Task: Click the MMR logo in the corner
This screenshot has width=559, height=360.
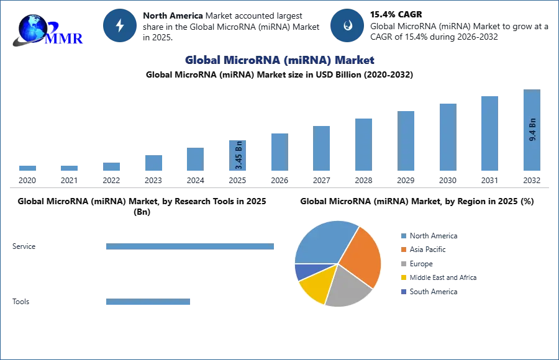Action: coord(47,29)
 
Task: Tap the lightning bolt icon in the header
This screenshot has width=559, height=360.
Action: coord(120,25)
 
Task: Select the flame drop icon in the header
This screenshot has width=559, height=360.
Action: coord(347,25)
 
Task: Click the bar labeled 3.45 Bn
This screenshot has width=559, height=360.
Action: coord(238,156)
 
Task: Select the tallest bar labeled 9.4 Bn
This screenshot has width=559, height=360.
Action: coord(532,131)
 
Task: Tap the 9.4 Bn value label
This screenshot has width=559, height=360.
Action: coord(532,128)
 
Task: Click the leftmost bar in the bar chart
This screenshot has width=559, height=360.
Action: coord(27,169)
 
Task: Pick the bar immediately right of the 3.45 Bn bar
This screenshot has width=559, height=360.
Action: coord(278,151)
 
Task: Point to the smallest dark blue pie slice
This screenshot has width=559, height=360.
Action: coord(302,271)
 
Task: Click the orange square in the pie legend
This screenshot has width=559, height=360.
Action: coord(402,250)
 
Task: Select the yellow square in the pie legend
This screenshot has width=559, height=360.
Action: coord(402,278)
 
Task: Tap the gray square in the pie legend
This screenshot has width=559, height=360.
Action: coord(402,264)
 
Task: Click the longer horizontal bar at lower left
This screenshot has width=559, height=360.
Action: coord(191,248)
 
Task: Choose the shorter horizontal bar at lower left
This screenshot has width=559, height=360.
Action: coord(148,303)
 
